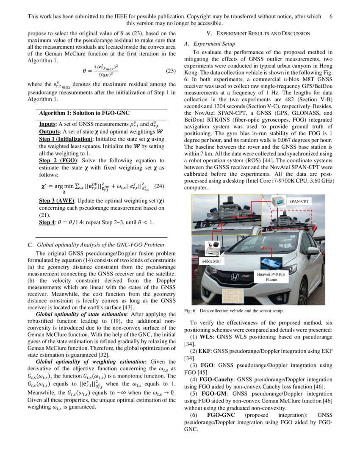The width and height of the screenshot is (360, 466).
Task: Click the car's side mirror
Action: (313, 251)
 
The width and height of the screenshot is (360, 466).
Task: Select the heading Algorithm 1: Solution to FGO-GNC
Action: (84, 114)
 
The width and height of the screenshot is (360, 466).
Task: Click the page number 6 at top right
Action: (330, 17)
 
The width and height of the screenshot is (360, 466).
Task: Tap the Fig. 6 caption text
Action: (233, 311)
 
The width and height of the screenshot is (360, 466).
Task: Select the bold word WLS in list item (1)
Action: (206, 337)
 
